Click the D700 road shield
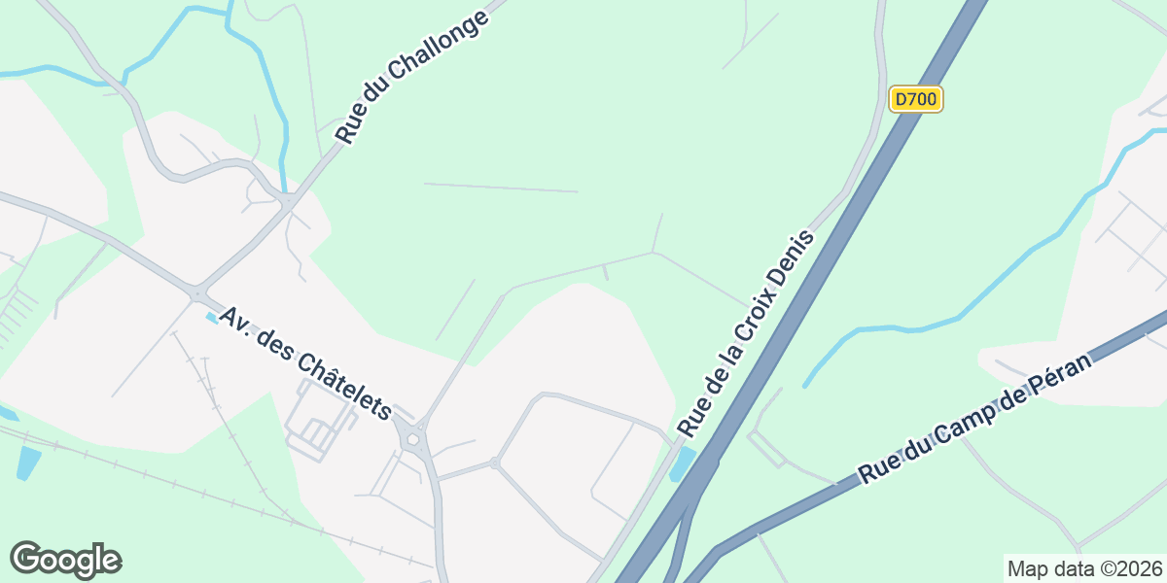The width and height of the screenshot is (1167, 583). [x=915, y=99]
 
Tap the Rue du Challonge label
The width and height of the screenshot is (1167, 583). [x=411, y=81]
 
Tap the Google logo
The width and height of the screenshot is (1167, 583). [x=65, y=560]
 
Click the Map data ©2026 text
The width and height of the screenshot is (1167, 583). [x=1083, y=568]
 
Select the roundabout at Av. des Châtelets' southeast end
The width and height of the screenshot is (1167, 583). [x=413, y=440]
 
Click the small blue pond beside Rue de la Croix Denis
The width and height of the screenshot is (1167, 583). [x=684, y=463]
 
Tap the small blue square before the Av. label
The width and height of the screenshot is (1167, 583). [x=211, y=318]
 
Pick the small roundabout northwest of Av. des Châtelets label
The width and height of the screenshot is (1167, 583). [x=197, y=291]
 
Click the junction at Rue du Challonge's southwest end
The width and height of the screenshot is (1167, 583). [x=290, y=201]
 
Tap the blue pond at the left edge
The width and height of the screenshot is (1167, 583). [x=28, y=463]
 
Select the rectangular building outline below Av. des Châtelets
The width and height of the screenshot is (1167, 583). [x=315, y=428]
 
